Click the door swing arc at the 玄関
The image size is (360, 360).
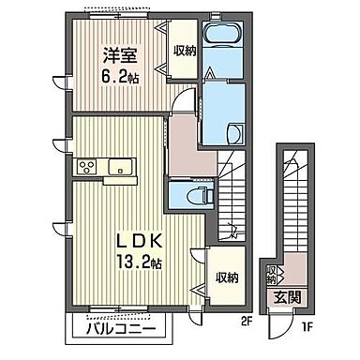click(x=277, y=327)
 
